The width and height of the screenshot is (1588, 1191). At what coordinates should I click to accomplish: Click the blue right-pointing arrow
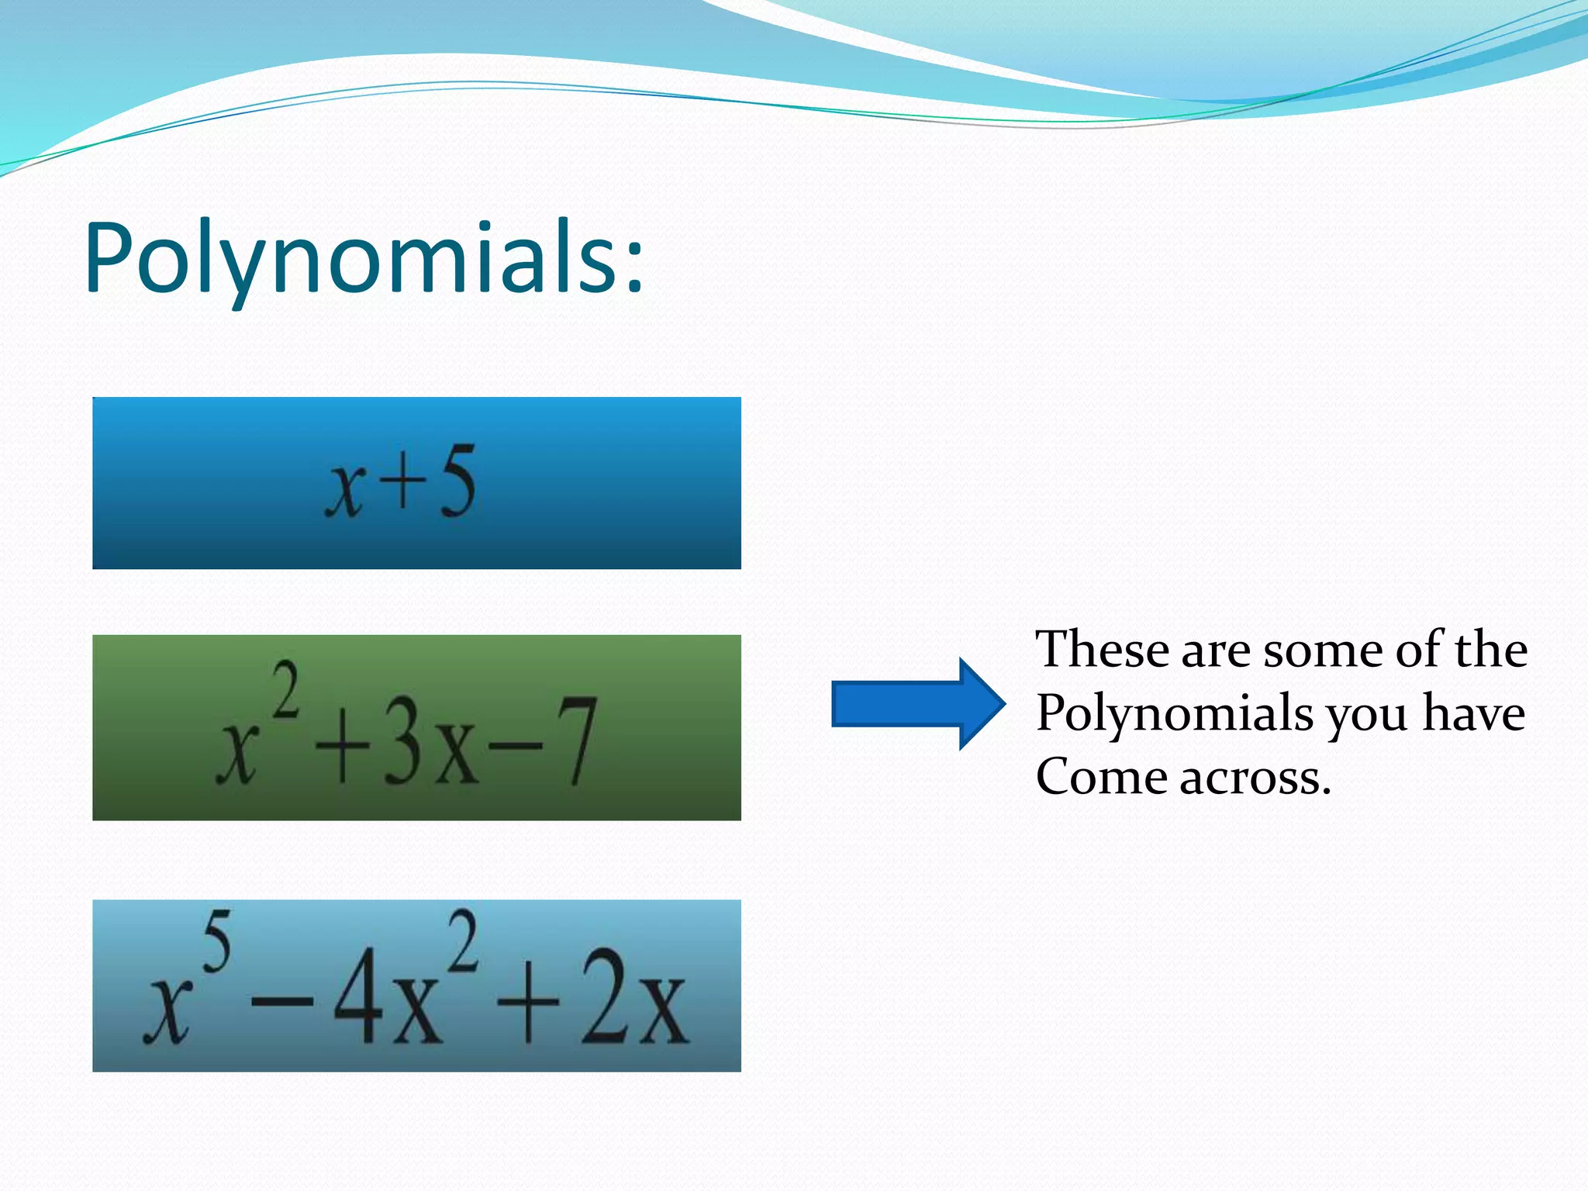pos(918,704)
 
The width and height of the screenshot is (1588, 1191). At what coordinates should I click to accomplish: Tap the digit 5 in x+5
pos(457,483)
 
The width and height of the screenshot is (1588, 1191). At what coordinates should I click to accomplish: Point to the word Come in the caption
pos(1101,777)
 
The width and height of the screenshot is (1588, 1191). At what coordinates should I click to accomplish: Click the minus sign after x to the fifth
pos(281,1003)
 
